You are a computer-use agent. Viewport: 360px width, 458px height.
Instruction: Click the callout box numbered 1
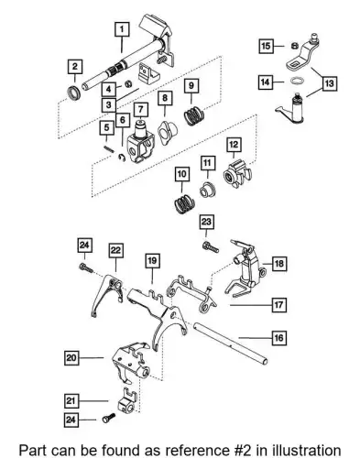coord(122,29)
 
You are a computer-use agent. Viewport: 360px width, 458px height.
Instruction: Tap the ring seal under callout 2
coord(74,93)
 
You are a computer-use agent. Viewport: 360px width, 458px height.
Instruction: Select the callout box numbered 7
coord(140,109)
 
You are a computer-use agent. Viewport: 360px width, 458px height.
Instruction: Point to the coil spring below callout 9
coord(193,115)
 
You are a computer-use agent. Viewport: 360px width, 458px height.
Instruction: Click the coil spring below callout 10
coord(184,203)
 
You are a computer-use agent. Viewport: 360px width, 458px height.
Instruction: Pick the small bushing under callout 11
coord(207,190)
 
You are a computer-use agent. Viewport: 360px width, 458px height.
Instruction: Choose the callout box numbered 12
coord(234,145)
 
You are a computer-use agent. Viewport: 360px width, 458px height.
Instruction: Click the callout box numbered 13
coord(329,83)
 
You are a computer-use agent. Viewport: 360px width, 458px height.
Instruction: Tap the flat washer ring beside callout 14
coord(297,81)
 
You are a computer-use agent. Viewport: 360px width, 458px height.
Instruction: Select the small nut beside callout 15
coord(294,46)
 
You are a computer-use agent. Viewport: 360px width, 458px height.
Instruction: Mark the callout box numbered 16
coord(279,338)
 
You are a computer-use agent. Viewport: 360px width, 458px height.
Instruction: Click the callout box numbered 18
coord(279,263)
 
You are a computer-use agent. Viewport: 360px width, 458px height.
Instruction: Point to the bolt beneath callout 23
coord(211,246)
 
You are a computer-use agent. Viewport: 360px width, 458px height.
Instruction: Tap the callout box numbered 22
coord(115,250)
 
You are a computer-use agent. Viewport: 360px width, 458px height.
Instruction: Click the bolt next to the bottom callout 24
coord(109,418)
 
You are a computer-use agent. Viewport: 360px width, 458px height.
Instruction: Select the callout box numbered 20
coord(71,357)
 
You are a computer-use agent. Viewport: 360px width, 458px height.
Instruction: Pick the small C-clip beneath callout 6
coord(122,158)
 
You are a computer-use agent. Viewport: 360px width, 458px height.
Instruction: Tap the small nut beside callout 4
coord(128,83)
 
